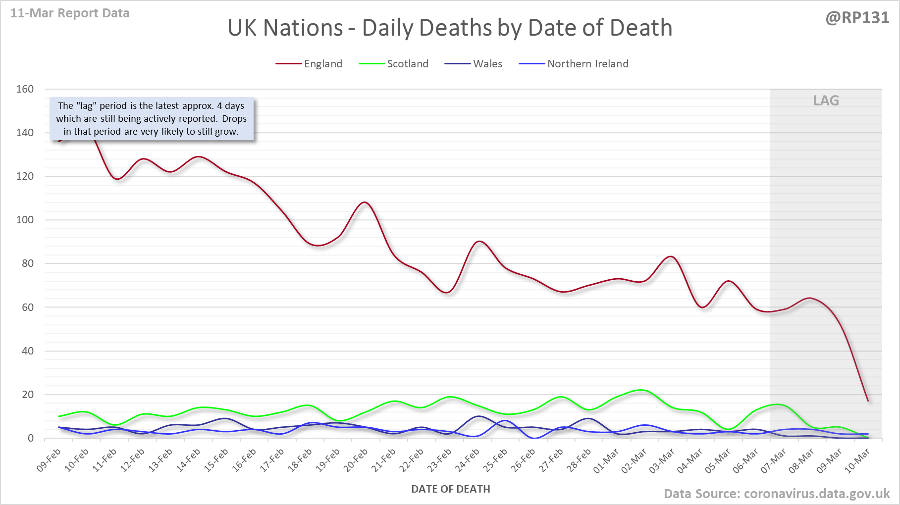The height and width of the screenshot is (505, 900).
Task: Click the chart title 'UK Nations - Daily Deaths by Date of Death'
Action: (x=450, y=28)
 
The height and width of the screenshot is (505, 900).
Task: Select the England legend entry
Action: (x=323, y=64)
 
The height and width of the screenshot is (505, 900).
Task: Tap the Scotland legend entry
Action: (x=407, y=64)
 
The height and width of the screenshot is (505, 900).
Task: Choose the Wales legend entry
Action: (x=487, y=64)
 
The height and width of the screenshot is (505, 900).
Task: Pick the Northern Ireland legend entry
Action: (x=587, y=64)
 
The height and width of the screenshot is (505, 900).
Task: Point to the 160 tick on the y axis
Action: (x=25, y=89)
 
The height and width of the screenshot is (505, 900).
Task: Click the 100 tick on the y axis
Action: (x=25, y=220)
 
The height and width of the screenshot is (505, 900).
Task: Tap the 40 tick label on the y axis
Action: (x=27, y=351)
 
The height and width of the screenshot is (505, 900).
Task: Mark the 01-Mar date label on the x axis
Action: (x=606, y=460)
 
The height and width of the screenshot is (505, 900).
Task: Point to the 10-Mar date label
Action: (x=857, y=460)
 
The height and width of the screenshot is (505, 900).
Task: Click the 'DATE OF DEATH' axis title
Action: (x=450, y=489)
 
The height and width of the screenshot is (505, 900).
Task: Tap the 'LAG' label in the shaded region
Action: (x=826, y=101)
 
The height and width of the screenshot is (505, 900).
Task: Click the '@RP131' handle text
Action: (x=857, y=18)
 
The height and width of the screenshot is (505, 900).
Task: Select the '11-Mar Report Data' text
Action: (x=70, y=13)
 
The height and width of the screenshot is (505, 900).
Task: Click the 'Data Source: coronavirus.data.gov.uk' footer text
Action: (x=776, y=494)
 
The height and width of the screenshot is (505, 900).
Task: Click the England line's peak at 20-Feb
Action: (x=365, y=202)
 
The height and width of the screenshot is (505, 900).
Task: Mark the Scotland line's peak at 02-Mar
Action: (x=641, y=390)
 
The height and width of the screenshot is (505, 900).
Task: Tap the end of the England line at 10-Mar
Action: (x=868, y=401)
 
